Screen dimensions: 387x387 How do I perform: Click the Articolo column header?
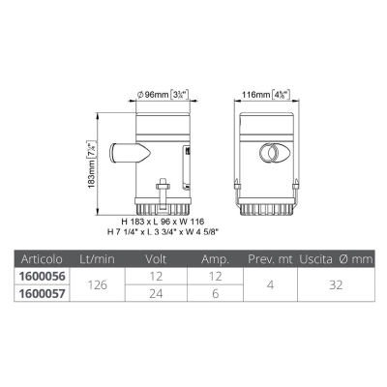pyautogui.click(x=42, y=259)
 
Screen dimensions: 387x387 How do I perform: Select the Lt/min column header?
pyautogui.click(x=97, y=259)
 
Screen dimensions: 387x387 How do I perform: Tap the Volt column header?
pyautogui.click(x=156, y=259)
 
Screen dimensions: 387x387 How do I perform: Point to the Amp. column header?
pyautogui.click(x=215, y=259)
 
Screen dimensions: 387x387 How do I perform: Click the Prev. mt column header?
pyautogui.click(x=270, y=259)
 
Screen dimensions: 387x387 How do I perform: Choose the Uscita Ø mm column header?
pyautogui.click(x=336, y=259)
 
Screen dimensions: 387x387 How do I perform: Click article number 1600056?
pyautogui.click(x=42, y=277)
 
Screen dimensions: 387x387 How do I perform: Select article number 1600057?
pyautogui.click(x=42, y=293)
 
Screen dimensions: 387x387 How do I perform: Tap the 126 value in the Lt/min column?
pyautogui.click(x=98, y=285)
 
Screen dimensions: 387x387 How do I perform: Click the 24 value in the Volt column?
pyautogui.click(x=156, y=294)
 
